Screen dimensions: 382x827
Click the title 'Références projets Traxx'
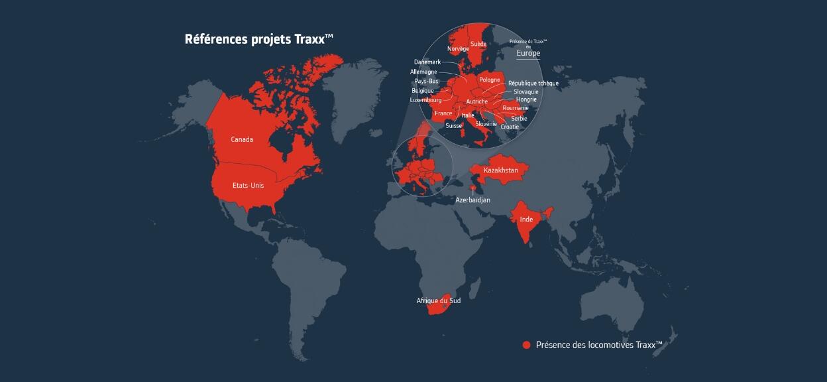258,39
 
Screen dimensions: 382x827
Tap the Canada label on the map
242,139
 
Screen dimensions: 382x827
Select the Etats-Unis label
248,186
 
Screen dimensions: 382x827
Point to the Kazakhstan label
500,170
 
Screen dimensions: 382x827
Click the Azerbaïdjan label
473,200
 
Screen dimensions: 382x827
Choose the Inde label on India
526,218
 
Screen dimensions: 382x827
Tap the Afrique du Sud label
438,300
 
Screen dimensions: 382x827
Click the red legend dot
527,345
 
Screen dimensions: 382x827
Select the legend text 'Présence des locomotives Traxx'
598,345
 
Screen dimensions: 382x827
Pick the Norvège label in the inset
458,49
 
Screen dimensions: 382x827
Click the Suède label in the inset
478,44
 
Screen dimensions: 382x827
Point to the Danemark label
427,62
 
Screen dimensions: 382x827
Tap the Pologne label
490,80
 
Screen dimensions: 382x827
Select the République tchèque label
533,84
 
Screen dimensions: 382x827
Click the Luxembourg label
425,100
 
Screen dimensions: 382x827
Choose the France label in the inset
443,113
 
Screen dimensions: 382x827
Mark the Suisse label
454,125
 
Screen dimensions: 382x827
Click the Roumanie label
516,107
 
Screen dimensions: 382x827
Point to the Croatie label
510,127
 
